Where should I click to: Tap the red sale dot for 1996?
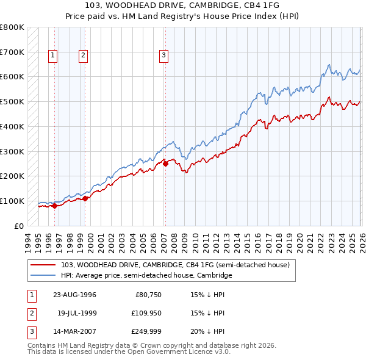(x=55, y=206)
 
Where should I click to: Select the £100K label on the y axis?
(x=13, y=201)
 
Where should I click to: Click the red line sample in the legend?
(x=44, y=264)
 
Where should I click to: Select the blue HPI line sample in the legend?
(x=44, y=275)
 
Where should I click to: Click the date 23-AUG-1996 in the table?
(x=74, y=295)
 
